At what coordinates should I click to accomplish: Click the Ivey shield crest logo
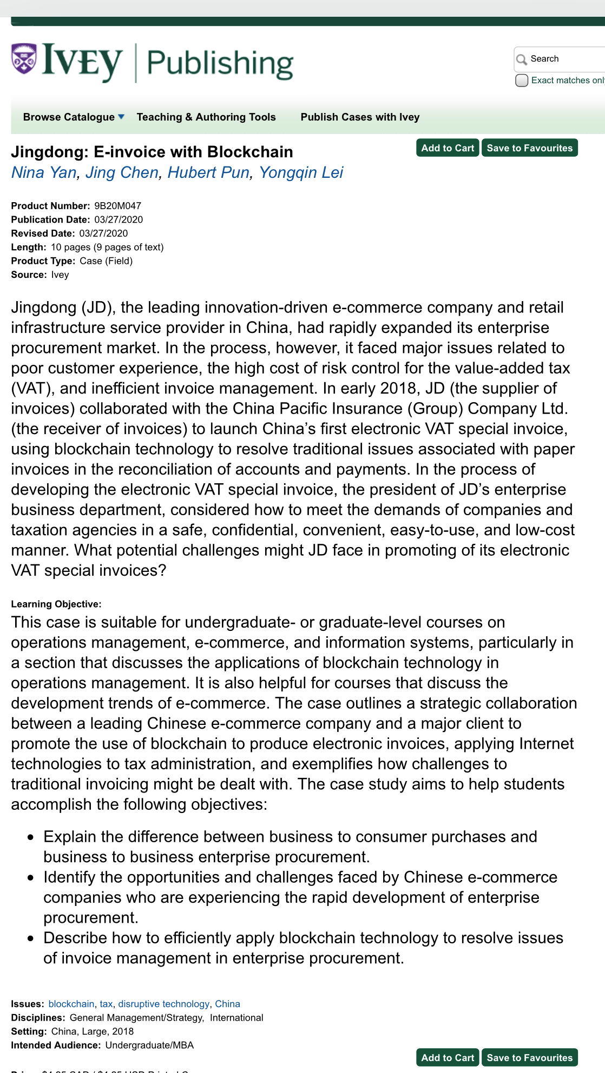tap(24, 59)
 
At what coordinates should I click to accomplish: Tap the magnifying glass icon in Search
tap(522, 59)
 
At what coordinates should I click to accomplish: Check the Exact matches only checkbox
tap(522, 81)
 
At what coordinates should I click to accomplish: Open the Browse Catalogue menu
tap(74, 117)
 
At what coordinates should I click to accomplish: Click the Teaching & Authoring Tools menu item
tap(206, 117)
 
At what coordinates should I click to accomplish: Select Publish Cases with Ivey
tap(360, 117)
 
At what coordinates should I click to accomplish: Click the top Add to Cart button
tap(447, 148)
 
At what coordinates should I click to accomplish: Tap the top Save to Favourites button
tap(529, 148)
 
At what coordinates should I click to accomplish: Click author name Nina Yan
tap(44, 172)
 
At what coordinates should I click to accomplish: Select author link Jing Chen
tap(122, 172)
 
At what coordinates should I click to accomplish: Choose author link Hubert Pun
tap(208, 172)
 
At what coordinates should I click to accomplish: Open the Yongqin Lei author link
tap(301, 172)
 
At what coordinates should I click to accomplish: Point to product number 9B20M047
tap(117, 206)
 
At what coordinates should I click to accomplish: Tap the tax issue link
tap(106, 1004)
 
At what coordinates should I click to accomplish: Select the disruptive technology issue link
tap(163, 1004)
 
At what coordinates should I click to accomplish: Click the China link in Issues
tap(227, 1004)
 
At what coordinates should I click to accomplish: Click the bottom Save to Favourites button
tap(529, 1058)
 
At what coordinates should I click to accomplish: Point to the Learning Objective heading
tap(56, 604)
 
